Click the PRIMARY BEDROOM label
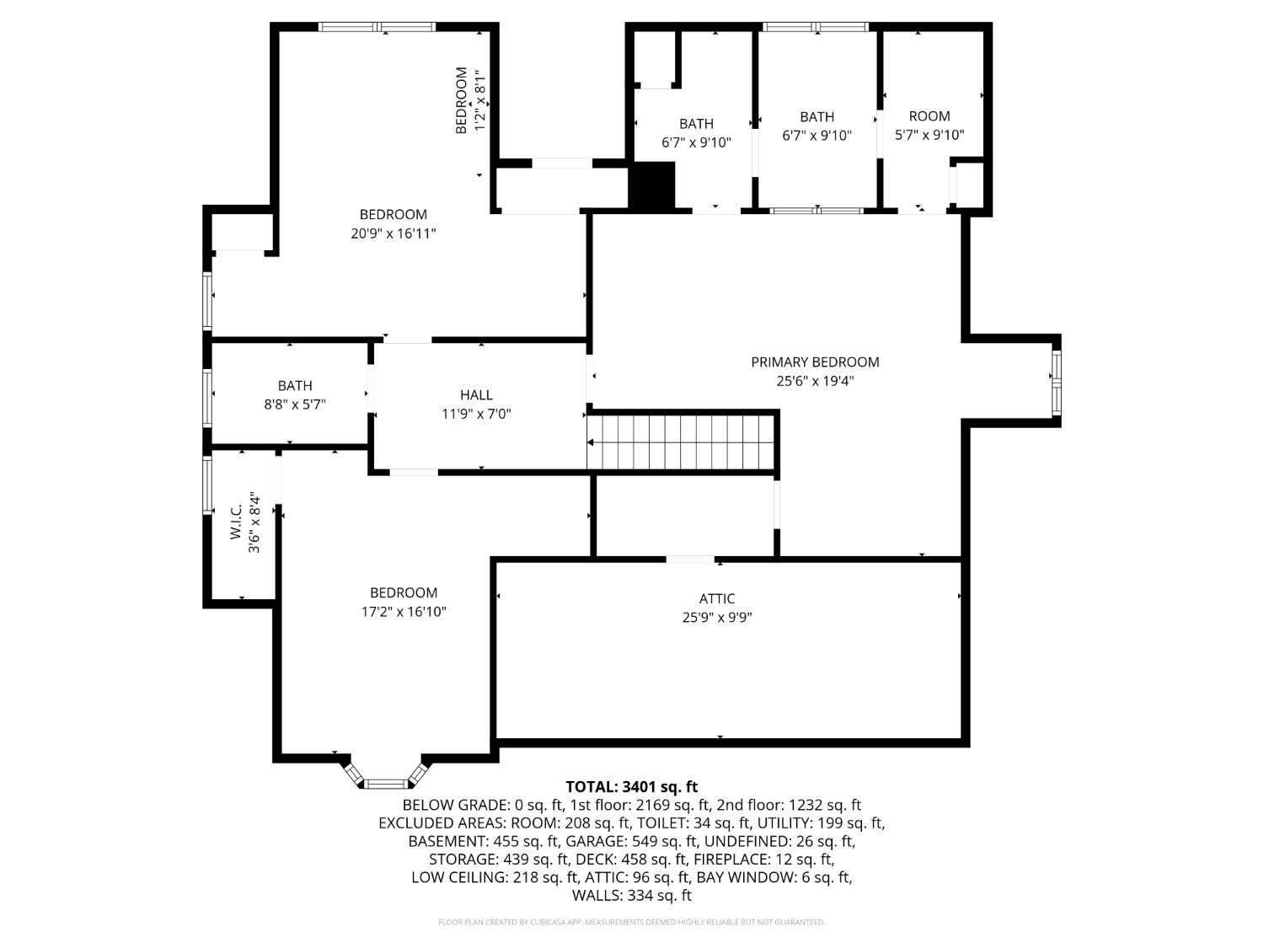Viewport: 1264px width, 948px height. tap(814, 362)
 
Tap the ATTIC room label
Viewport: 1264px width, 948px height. tap(717, 598)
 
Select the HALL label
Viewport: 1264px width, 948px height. tap(476, 395)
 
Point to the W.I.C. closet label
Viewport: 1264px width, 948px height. tap(236, 522)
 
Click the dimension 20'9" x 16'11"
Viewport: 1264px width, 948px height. tap(394, 233)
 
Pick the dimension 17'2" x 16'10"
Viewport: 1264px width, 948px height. tap(404, 611)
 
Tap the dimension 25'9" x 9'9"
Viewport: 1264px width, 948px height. tap(717, 618)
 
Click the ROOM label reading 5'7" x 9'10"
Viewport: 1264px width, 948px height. tap(929, 116)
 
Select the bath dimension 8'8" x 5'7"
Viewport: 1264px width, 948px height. tap(295, 404)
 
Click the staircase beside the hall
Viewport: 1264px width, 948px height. tap(680, 442)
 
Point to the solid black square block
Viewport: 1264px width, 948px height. tap(651, 185)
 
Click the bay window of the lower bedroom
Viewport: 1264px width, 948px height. tap(387, 774)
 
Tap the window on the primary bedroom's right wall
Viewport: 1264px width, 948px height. tap(1056, 383)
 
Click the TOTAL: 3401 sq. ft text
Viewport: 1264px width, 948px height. tap(632, 787)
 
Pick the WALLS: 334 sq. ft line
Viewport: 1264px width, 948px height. tap(632, 896)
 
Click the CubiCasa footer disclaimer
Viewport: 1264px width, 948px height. tap(632, 922)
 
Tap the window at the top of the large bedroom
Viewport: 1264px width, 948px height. tap(378, 26)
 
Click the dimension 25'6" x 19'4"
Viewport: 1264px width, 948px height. tap(814, 381)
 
